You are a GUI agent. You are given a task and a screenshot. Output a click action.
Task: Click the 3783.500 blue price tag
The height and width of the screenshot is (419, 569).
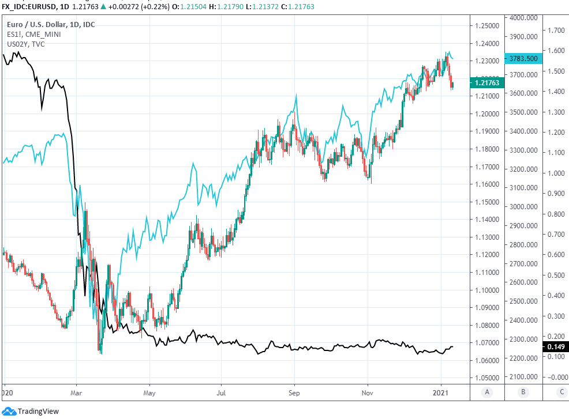[523, 58]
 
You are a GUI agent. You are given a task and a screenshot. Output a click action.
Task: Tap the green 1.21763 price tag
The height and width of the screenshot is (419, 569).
[488, 83]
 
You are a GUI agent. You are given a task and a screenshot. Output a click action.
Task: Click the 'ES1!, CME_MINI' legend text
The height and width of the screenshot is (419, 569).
[33, 35]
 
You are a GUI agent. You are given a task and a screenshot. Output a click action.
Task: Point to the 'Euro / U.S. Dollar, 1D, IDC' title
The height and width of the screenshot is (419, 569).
[51, 25]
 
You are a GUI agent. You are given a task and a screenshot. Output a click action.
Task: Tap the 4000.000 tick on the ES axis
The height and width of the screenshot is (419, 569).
[525, 18]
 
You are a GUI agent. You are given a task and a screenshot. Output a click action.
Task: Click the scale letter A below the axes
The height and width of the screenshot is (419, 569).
[488, 392]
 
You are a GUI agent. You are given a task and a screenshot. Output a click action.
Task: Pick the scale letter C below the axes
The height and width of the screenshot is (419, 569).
[561, 392]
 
